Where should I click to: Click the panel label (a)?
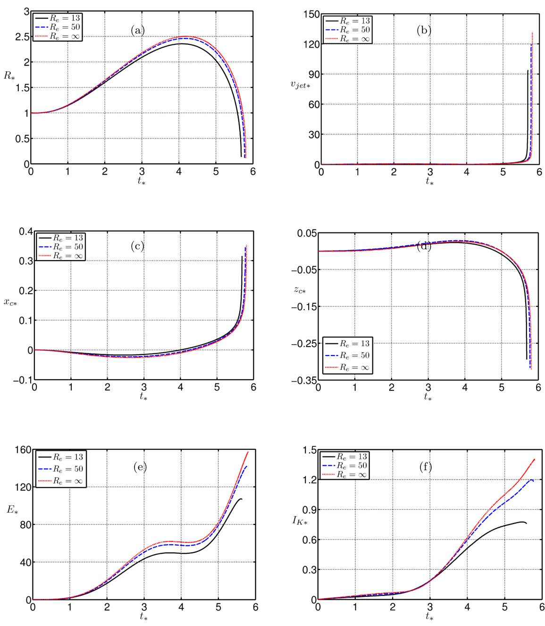click(138, 31)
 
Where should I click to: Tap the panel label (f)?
click(425, 467)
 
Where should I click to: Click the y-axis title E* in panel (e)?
click(12, 509)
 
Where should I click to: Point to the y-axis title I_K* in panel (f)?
click(300, 520)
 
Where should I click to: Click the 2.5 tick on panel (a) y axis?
click(22, 37)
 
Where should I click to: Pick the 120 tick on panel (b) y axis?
click(310, 44)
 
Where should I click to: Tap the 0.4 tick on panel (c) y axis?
click(25, 231)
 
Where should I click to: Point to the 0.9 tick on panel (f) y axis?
click(309, 510)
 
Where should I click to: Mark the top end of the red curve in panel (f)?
click(535, 459)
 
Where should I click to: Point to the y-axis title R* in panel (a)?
click(9, 75)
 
